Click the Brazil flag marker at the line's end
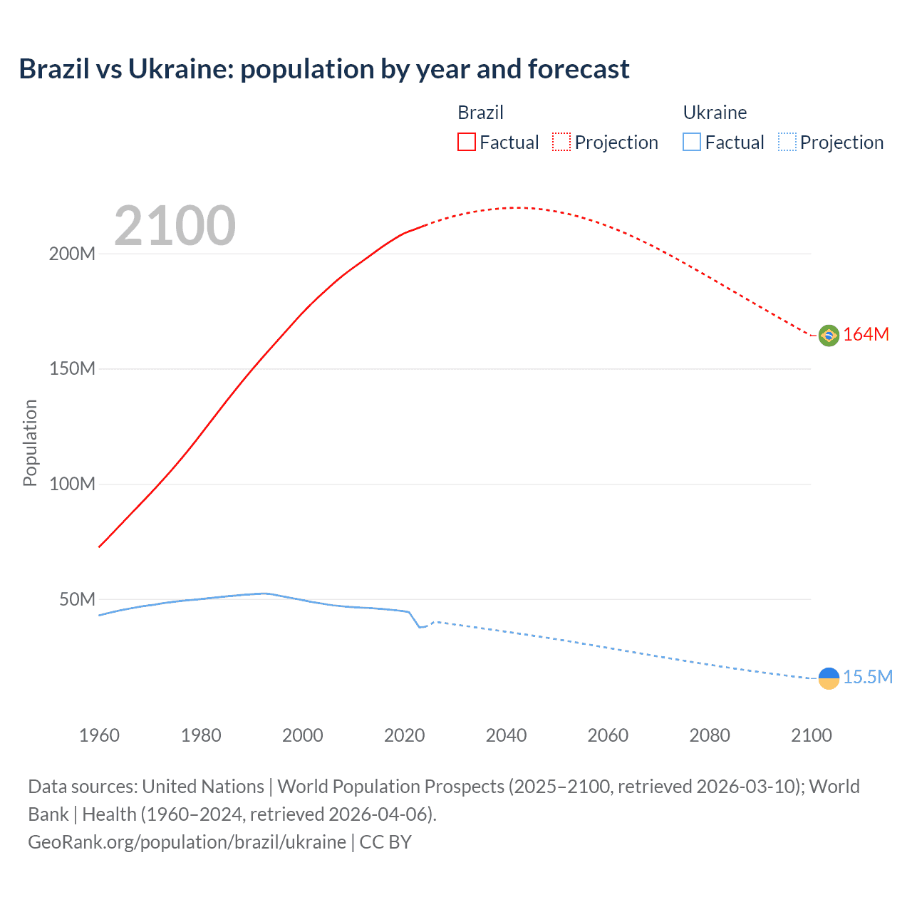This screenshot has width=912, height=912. click(829, 335)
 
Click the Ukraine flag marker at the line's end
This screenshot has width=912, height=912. click(829, 678)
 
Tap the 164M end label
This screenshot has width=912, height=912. click(866, 335)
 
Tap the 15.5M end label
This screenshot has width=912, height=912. click(867, 678)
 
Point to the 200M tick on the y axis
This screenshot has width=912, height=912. click(72, 254)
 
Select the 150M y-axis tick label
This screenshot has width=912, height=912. click(72, 369)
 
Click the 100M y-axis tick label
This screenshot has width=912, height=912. click(72, 484)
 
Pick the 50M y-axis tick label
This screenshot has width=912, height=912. click(77, 600)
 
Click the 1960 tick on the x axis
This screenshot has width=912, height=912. click(99, 735)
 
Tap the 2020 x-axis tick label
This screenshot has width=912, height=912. click(404, 735)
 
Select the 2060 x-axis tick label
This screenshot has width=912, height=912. click(608, 735)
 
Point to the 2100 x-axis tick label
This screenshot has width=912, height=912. click(811, 735)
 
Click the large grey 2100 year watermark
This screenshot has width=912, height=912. click(175, 226)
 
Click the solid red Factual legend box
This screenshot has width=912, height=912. click(467, 142)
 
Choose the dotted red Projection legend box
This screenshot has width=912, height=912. click(561, 142)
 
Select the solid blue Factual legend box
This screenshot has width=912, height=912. click(692, 142)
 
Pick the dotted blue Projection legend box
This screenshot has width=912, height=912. click(787, 142)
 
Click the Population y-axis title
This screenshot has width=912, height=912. click(30, 442)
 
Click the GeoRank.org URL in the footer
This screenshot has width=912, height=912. click(187, 842)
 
